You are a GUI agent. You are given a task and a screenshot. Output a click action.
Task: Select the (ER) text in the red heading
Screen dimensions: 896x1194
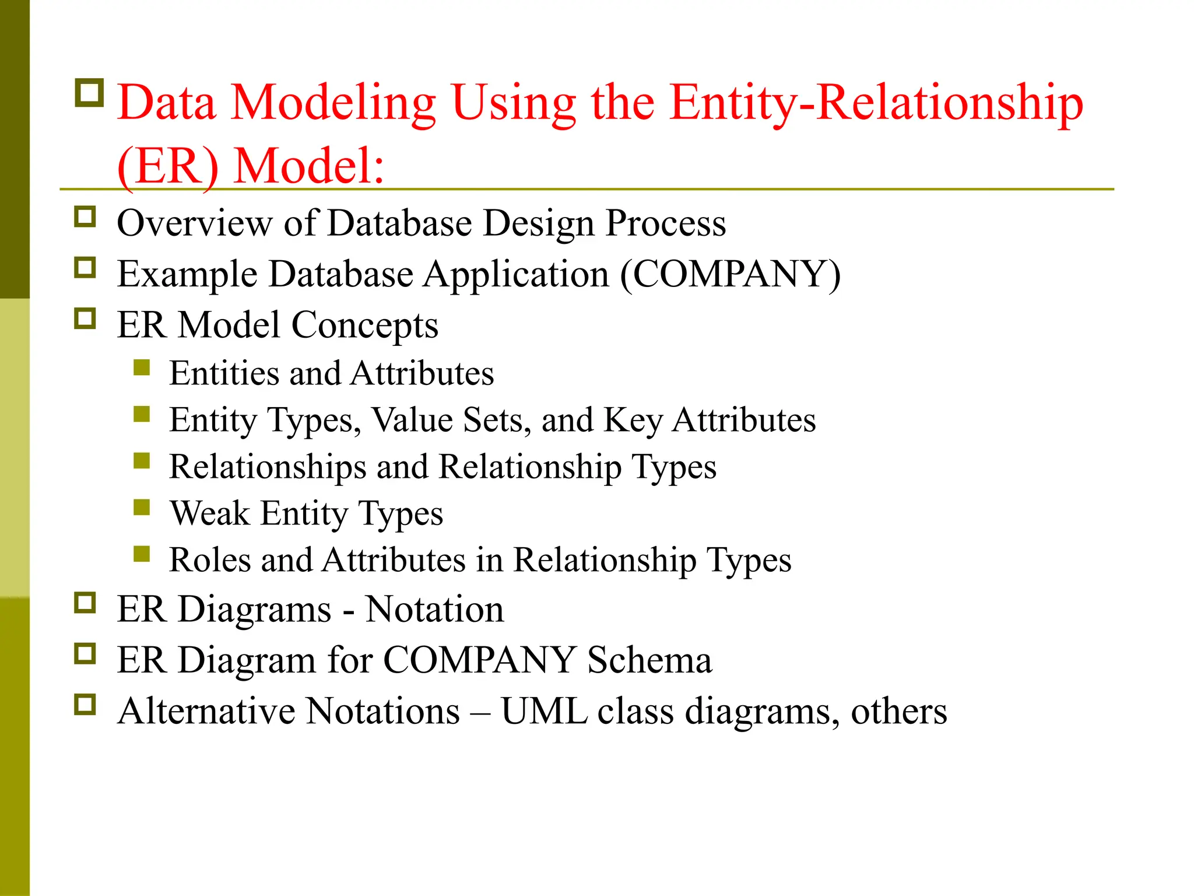tap(168, 167)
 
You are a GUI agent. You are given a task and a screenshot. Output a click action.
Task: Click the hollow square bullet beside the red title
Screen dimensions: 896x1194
tap(89, 93)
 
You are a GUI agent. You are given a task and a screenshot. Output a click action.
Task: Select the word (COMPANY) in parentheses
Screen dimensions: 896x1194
tap(730, 274)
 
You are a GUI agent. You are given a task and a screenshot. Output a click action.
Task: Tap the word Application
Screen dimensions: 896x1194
tap(516, 274)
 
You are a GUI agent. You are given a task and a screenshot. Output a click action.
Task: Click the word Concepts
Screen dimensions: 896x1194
tap(364, 325)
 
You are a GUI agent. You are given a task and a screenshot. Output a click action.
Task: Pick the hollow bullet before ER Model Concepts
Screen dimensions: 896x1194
tap(85, 318)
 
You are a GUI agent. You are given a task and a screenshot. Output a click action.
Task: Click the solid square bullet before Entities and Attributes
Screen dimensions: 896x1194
tap(142, 367)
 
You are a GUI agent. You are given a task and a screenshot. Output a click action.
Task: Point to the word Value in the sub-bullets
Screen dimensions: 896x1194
tap(412, 420)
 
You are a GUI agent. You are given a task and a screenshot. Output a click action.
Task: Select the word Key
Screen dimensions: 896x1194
tap(633, 420)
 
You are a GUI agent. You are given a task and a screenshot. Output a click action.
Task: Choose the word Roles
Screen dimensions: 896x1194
tap(210, 560)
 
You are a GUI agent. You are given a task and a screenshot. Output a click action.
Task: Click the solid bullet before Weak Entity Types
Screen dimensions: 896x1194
tap(142, 508)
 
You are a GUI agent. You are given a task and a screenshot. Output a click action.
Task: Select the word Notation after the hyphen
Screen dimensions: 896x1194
tap(434, 610)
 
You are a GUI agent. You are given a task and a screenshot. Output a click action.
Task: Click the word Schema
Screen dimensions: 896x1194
tap(649, 660)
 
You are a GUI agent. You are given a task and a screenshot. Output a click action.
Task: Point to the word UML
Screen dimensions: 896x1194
tap(544, 711)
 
